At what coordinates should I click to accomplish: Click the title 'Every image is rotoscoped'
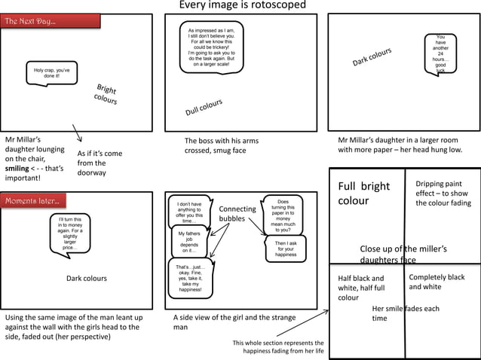[242, 6]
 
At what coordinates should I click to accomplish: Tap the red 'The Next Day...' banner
[51, 21]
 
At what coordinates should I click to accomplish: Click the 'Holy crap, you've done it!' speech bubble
[52, 73]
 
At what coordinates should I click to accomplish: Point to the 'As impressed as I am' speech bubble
[210, 47]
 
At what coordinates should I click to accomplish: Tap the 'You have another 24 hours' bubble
[440, 53]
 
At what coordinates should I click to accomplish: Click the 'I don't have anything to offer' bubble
[188, 212]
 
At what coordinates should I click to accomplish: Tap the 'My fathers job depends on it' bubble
[188, 242]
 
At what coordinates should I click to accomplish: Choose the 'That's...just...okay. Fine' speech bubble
[190, 278]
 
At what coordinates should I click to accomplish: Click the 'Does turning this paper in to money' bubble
[283, 215]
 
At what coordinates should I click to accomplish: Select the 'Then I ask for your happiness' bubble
[286, 249]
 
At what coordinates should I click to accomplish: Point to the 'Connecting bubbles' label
[237, 214]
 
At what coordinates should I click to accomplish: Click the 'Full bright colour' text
[363, 194]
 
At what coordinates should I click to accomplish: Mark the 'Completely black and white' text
[437, 282]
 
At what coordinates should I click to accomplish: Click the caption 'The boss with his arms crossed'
[221, 145]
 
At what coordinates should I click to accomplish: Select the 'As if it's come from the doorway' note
[99, 163]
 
